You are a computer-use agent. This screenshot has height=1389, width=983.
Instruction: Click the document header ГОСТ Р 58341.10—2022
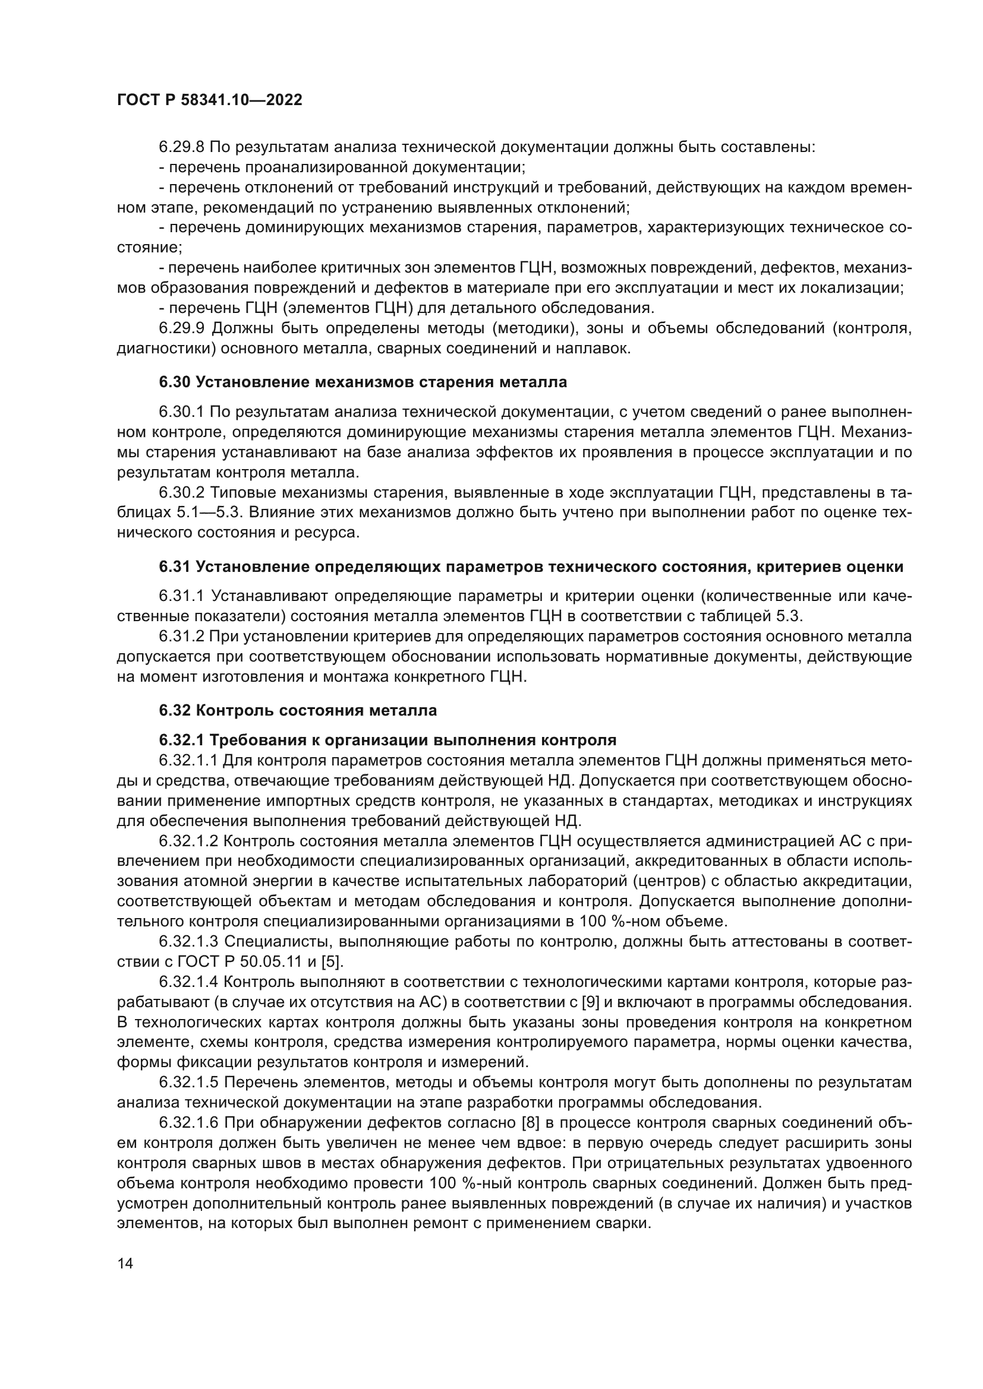(209, 100)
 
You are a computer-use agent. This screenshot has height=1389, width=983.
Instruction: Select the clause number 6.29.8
(182, 147)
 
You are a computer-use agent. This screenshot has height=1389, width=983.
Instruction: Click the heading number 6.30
(175, 382)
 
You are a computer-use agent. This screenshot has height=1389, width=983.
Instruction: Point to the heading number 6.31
(175, 567)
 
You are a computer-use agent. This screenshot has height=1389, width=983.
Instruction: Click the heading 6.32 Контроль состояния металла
(298, 710)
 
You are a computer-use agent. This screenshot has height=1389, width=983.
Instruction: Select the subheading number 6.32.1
(181, 741)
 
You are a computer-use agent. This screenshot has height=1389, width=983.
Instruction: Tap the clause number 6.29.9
(182, 328)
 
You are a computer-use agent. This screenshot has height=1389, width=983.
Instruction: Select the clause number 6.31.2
(182, 637)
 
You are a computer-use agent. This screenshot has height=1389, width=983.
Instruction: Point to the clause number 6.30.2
(182, 492)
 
